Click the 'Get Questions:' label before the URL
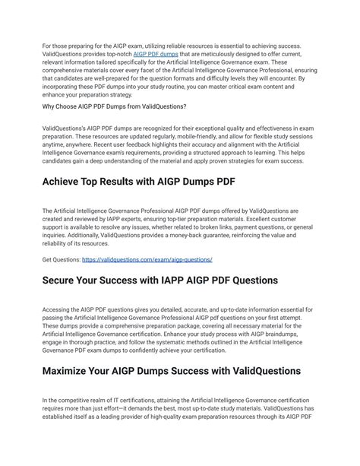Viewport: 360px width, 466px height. (61, 259)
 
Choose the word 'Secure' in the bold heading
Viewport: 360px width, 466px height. (64, 281)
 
